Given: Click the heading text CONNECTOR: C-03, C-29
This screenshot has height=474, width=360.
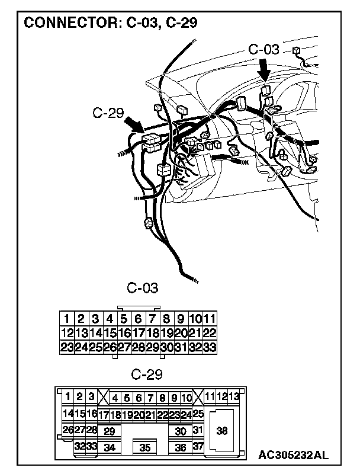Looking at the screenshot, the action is [x=110, y=23].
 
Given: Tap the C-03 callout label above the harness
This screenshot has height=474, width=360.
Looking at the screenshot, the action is [x=263, y=49].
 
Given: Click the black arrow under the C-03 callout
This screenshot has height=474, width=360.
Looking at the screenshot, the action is [x=265, y=71].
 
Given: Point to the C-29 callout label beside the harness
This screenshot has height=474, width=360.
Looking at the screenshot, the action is [x=108, y=113].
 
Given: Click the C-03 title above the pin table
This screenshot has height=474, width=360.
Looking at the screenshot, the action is [x=143, y=289].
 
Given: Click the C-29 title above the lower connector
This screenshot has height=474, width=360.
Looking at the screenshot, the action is [x=146, y=374].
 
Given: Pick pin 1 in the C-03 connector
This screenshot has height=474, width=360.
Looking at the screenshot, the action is [x=67, y=318].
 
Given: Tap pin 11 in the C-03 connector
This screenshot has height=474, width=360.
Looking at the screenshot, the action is [x=210, y=318].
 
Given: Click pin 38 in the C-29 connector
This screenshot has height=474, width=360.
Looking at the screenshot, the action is [x=222, y=431].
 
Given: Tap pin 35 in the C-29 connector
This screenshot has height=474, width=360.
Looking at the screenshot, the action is [x=145, y=448].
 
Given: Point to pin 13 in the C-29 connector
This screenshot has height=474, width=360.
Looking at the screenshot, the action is [x=234, y=396].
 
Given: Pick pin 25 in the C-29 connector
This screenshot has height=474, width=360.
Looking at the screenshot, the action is [x=198, y=414].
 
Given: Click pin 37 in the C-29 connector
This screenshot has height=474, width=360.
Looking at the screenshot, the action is [x=198, y=446].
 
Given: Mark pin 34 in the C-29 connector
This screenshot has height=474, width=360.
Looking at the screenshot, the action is [x=109, y=447].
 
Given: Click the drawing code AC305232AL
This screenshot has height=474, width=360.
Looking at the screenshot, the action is [x=292, y=455].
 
